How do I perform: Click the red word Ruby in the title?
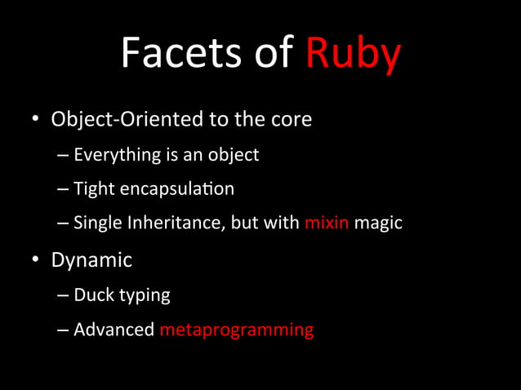[x=353, y=54]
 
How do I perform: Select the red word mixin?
[x=327, y=222]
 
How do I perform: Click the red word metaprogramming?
[x=237, y=330]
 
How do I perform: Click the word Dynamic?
[x=91, y=260]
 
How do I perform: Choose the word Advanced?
[x=114, y=330]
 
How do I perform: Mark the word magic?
[x=378, y=222]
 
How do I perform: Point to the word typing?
[x=144, y=296]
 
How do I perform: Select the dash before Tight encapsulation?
[x=64, y=189]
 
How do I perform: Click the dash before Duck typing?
[x=64, y=295]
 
